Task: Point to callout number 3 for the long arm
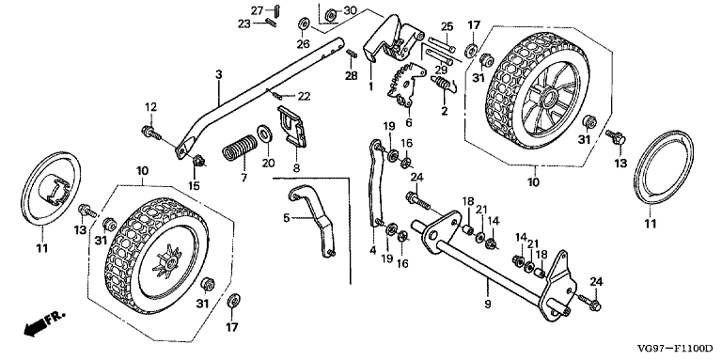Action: pos(217,74)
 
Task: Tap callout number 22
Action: pos(304,97)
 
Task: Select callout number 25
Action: pos(447,25)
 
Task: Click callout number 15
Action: pos(196,185)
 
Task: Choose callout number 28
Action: pos(351,75)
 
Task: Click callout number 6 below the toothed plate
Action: pos(409,122)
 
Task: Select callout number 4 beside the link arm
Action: pos(373,251)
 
